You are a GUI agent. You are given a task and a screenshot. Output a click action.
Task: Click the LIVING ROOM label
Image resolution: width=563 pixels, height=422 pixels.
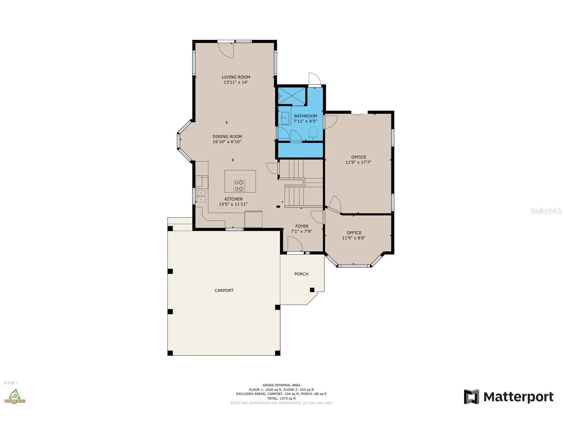pos(236,77)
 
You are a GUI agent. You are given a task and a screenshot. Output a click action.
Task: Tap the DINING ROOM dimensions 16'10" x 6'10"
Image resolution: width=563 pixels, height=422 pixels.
pos(227,142)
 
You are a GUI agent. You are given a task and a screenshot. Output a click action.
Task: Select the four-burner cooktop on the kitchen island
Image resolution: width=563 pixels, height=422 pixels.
pos(239,186)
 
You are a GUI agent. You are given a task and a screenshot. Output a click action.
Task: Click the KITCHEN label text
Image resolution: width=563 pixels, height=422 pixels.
pos(233,199)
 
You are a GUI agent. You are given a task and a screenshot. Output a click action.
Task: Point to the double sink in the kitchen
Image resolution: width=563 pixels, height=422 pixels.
pos(201,196)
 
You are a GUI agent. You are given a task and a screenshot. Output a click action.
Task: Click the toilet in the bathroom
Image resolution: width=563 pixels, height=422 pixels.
pos(313,134)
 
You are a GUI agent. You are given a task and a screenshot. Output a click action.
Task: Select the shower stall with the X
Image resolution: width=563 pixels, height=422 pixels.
pos(292,96)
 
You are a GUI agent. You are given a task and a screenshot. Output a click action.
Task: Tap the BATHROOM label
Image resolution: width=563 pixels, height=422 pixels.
pos(306,116)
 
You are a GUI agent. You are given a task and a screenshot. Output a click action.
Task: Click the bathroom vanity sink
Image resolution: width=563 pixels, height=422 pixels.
pos(284,118)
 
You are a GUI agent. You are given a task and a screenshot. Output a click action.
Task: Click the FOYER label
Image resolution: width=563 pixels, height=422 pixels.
pos(302,226)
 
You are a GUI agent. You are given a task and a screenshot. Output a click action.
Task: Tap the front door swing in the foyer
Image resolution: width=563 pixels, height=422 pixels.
pos(295,245)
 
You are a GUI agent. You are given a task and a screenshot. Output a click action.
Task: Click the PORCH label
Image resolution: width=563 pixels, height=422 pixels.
pos(301,274)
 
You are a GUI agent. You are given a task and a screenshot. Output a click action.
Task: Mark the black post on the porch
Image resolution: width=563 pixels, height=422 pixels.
pos(312,290)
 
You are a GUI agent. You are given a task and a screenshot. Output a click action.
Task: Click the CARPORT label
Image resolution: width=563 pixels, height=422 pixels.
pos(224,290)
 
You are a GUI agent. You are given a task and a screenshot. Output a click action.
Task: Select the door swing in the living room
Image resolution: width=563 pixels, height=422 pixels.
pos(226,50)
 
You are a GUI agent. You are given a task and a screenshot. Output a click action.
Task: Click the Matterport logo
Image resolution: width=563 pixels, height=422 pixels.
pos(508,397)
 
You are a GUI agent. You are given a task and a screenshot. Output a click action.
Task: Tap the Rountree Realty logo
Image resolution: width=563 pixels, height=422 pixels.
pos(14,396)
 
